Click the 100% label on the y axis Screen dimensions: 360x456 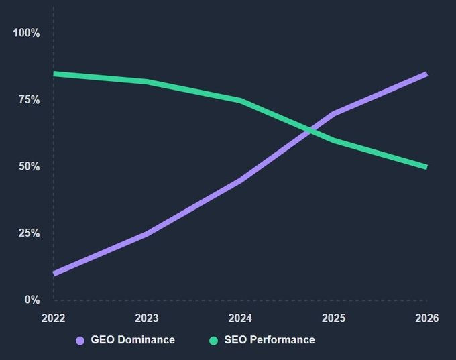[x=26, y=33]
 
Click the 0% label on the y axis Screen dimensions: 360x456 [x=32, y=300]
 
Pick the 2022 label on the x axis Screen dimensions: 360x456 [x=54, y=318]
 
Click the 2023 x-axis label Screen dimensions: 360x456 [x=147, y=318]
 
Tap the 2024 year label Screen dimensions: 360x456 [x=240, y=318]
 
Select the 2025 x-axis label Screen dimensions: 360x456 [x=333, y=318]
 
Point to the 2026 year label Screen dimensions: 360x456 [x=426, y=318]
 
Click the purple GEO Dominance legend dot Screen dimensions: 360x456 [x=80, y=340]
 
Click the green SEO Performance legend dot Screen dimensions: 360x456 [x=214, y=340]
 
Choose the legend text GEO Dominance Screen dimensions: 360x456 [x=133, y=340]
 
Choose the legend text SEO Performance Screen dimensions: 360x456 [x=270, y=340]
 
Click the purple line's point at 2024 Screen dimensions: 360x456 [x=240, y=180]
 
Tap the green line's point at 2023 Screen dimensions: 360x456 [x=147, y=82]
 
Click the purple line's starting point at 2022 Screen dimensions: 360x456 [x=55, y=274]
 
